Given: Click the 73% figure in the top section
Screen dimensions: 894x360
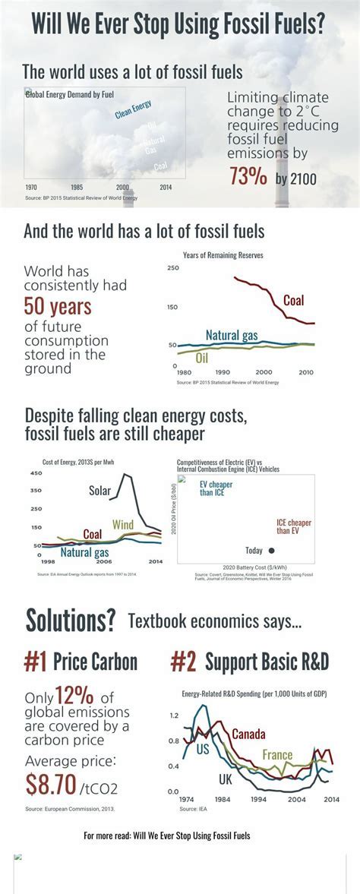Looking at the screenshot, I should pos(248,176).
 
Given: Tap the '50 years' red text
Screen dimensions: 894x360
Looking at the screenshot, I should pos(58,307).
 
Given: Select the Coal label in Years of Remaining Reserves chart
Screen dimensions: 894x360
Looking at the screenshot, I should pos(293,300).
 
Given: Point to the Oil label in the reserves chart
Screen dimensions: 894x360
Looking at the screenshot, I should pos(202,358).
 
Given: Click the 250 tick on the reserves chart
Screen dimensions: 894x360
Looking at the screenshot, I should pos(172,268).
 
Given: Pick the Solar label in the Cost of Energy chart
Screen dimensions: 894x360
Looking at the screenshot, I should pos(99,490).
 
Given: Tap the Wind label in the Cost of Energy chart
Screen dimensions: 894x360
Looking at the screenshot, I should pos(122,524).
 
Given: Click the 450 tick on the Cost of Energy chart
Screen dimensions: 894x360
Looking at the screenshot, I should pos(36,473).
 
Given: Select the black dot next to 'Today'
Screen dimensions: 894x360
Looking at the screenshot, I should pos(272,550).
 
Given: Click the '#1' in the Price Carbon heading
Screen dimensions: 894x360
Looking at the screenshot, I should pos(35,662).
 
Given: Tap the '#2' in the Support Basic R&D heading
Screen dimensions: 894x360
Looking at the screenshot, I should pos(183,662).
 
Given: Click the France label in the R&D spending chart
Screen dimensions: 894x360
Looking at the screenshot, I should pos(277,755).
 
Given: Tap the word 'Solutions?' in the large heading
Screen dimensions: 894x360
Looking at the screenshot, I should pos(70,621).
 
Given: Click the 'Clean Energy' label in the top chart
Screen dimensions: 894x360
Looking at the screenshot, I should pos(134,109).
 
